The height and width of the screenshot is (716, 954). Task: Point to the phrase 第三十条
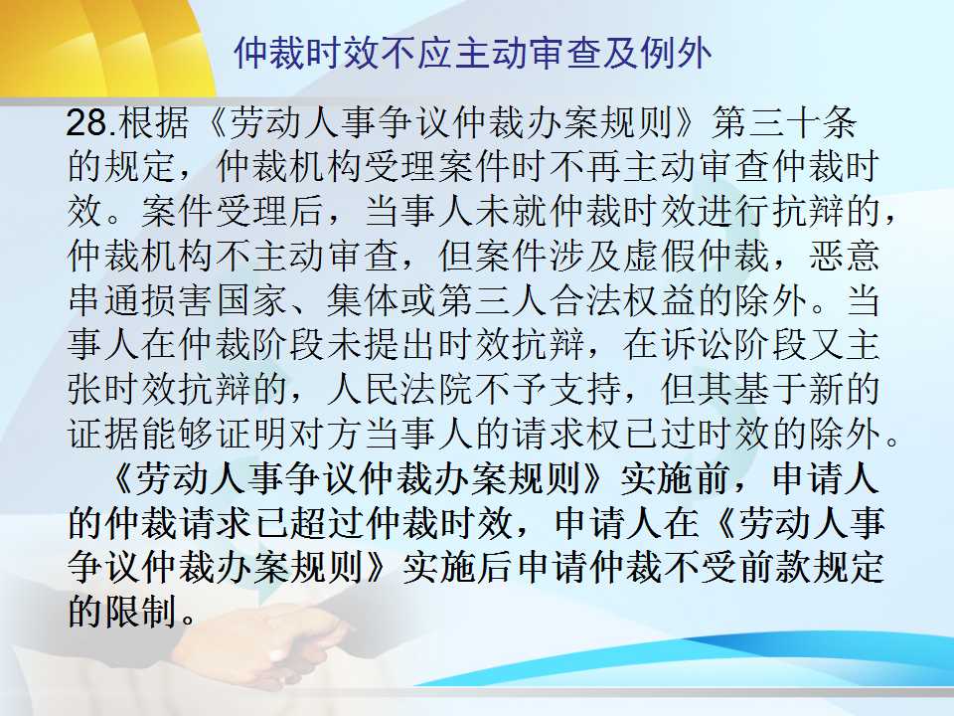[785, 123]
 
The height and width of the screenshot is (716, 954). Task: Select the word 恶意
[845, 257]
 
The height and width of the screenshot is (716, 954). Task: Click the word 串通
[103, 300]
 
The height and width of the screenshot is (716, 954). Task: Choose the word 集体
[364, 300]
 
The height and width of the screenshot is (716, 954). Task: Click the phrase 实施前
[676, 478]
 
